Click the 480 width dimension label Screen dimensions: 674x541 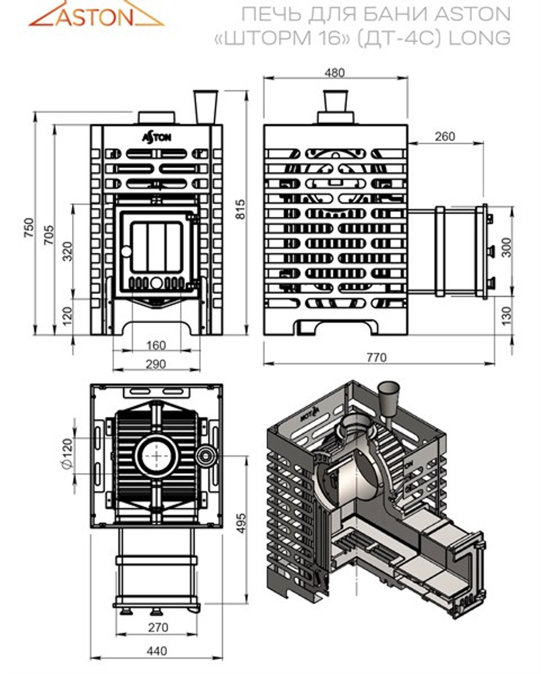[x=335, y=72]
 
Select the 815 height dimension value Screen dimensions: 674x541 [x=240, y=209]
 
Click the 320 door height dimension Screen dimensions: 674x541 [x=67, y=251]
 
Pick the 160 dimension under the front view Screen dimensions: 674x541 [x=156, y=345]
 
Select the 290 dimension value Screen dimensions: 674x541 [x=156, y=364]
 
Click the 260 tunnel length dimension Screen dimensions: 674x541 [x=445, y=136]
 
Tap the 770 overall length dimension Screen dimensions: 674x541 [x=377, y=357]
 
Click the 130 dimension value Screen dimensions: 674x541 [x=506, y=315]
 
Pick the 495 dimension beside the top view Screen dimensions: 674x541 [x=240, y=523]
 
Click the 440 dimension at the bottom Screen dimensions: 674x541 [x=156, y=651]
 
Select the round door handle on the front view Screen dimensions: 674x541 [x=126, y=251]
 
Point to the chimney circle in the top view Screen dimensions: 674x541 [x=156, y=455]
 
